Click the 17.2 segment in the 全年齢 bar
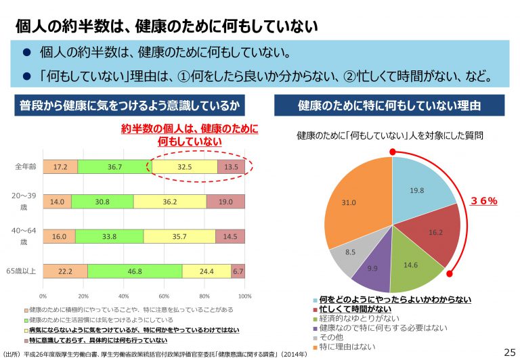(60, 166)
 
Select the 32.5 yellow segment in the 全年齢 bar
(184, 166)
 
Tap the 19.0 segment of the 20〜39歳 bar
(225, 202)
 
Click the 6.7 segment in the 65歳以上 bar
(238, 271)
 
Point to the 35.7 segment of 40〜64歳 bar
(179, 237)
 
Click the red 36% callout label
(483, 201)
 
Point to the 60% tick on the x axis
(164, 296)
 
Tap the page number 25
(509, 352)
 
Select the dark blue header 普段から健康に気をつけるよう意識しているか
(129, 106)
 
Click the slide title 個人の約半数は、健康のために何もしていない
(166, 26)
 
